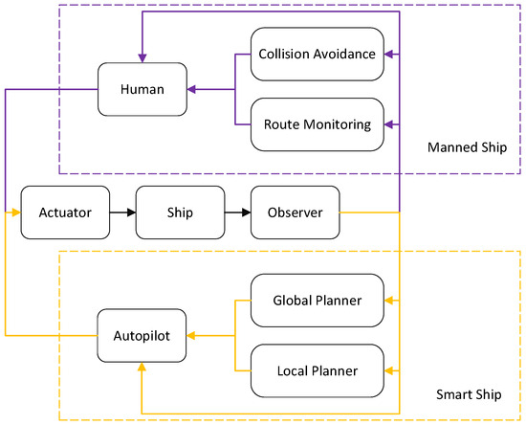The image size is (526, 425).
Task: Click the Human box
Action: point(141,91)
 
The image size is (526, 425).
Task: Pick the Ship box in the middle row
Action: point(179,212)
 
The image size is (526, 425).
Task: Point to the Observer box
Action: point(294,212)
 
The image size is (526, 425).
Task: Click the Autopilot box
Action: point(141,336)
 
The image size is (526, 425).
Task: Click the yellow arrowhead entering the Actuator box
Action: point(15,212)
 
